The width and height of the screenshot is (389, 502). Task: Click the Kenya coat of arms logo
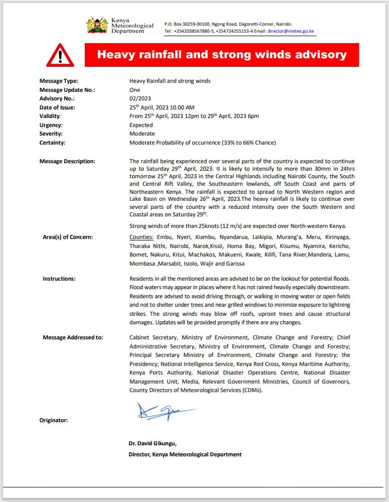coord(97,25)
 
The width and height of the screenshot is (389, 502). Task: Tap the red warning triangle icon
coord(60,55)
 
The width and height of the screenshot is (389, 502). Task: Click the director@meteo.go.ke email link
coord(291,31)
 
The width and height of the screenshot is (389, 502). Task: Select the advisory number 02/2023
coord(140,98)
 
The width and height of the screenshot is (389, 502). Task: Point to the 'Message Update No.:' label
coord(67,90)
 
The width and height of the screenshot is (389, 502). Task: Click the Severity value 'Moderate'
coord(142,134)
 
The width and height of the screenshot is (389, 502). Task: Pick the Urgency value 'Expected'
coord(141,125)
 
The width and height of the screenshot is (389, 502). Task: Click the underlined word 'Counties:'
coord(142,237)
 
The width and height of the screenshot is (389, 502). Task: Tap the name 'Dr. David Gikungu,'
coord(153,443)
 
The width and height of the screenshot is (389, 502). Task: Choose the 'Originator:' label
coord(54,420)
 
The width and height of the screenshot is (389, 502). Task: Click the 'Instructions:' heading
coord(59,279)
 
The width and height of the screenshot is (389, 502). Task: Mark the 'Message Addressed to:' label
coord(73,337)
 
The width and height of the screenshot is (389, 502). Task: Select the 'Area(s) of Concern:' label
coord(68,237)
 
